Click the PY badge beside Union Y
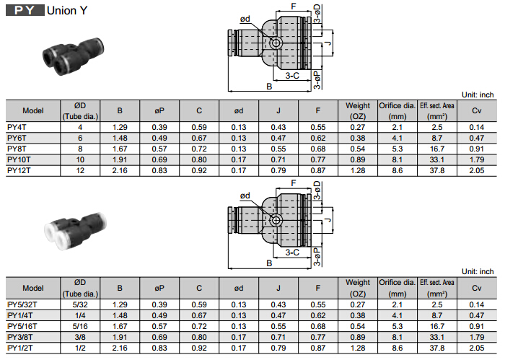click(x=25, y=10)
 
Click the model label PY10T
click(x=19, y=159)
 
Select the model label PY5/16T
click(x=22, y=326)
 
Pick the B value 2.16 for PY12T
click(x=120, y=170)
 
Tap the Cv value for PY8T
click(x=477, y=149)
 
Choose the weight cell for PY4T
click(x=358, y=127)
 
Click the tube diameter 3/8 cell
click(x=80, y=337)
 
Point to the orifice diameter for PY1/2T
click(x=397, y=348)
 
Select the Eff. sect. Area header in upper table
click(x=437, y=111)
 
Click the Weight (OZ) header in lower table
click(x=358, y=288)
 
